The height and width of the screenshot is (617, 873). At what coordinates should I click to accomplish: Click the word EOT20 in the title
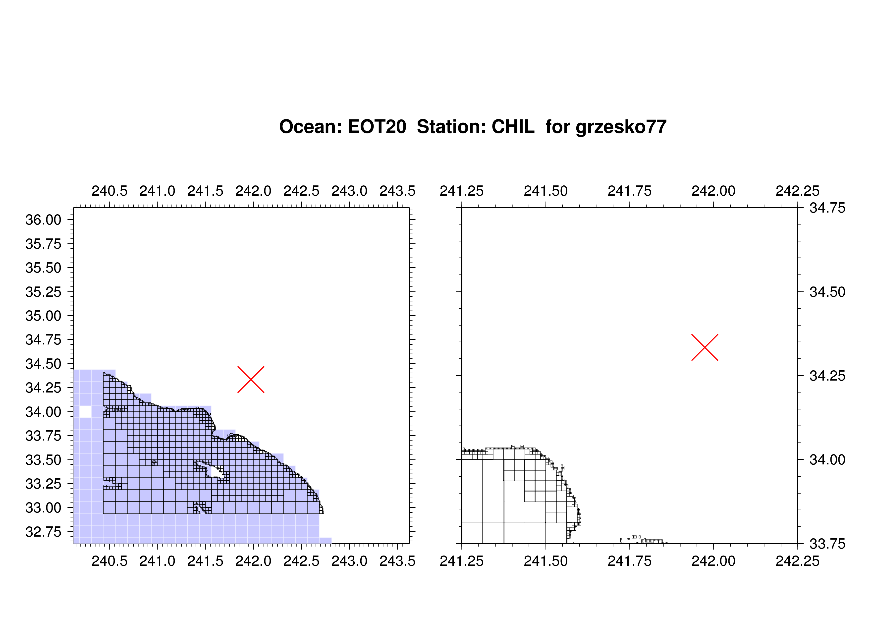coord(377,127)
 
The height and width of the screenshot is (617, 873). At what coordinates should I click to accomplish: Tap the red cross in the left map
coord(251,379)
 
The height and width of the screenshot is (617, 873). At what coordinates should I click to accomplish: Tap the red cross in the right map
coord(705,347)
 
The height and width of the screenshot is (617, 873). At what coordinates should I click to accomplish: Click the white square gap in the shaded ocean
coord(86,411)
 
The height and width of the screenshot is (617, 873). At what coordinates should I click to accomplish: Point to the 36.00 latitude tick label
coord(43,220)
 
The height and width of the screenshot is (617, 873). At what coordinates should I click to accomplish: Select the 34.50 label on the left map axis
coord(43,364)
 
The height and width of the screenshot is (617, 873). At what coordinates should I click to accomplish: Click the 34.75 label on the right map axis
coord(827,208)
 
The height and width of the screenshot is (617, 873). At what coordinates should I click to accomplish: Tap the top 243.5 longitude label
coord(397,191)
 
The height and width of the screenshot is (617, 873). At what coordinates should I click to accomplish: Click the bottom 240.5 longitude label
coord(109,561)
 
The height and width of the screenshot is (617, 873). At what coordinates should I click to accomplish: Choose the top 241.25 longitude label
coord(462,191)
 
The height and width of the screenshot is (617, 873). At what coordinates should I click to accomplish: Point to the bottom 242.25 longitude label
coord(797,561)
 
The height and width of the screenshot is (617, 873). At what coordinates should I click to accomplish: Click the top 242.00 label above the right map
coord(713,191)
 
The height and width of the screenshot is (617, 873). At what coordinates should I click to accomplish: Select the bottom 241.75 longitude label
coord(630,561)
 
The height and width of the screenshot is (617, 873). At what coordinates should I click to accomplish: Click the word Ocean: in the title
coord(310,127)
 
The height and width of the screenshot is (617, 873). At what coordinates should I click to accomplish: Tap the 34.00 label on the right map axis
coord(827,460)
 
